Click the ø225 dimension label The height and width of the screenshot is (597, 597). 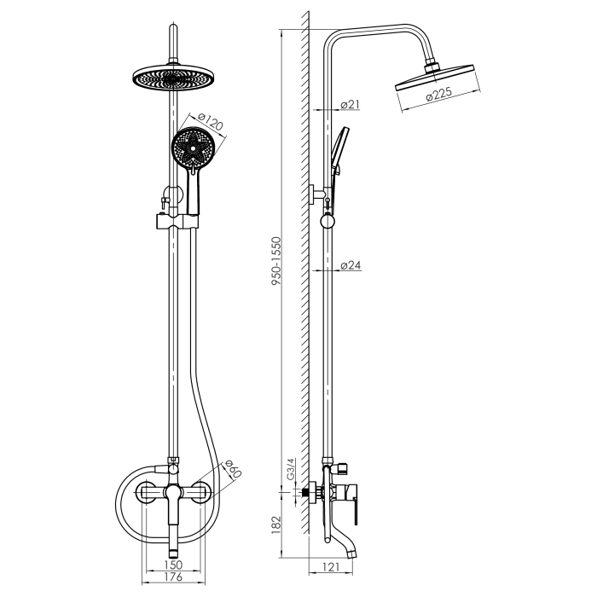pyautogui.click(x=439, y=94)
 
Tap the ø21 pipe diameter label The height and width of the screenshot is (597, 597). pyautogui.click(x=351, y=104)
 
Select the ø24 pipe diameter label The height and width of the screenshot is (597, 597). pyautogui.click(x=351, y=265)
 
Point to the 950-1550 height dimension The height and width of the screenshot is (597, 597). pyautogui.click(x=276, y=261)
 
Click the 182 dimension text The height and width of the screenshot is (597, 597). pyautogui.click(x=276, y=525)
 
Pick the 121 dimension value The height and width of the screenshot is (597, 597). pyautogui.click(x=330, y=567)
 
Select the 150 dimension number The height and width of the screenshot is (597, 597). pyautogui.click(x=173, y=565)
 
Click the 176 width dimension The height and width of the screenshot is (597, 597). pyautogui.click(x=173, y=577)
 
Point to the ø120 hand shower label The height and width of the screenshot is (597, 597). pyautogui.click(x=210, y=121)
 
